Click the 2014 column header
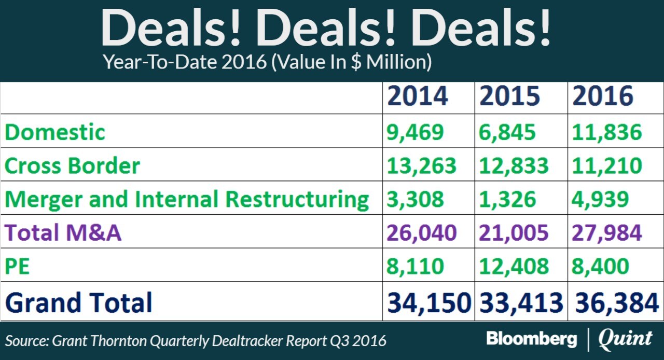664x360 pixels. click(x=417, y=96)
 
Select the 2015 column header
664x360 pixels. click(x=509, y=96)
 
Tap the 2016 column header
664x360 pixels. click(x=603, y=96)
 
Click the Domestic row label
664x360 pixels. click(x=55, y=132)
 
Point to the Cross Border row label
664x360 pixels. click(x=73, y=166)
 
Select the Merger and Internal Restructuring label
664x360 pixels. click(x=187, y=200)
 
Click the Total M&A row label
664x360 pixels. click(x=63, y=233)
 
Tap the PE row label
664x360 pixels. click(x=17, y=267)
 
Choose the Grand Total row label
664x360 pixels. click(x=79, y=302)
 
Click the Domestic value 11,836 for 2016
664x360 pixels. click(x=607, y=132)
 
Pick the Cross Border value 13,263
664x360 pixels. click(x=422, y=166)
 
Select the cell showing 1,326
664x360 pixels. click(x=508, y=200)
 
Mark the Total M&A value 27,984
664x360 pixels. click(x=607, y=233)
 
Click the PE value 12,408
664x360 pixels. click(x=514, y=267)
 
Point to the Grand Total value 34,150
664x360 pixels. click(x=428, y=302)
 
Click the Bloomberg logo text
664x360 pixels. click(x=531, y=340)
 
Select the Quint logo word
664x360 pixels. click(x=625, y=340)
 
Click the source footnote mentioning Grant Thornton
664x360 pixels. click(x=196, y=341)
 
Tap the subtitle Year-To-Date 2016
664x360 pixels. click(x=267, y=63)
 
